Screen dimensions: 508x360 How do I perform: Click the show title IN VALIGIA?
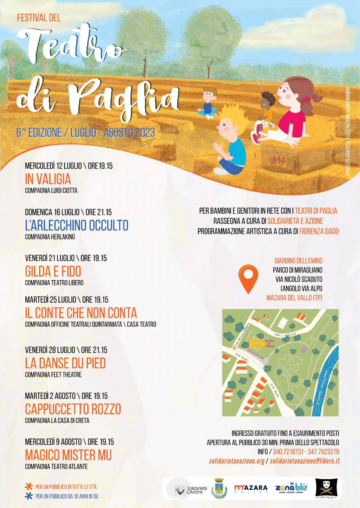(48, 179)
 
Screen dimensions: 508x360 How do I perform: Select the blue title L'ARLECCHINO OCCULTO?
(77, 225)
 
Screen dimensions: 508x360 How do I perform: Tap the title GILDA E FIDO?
(53, 271)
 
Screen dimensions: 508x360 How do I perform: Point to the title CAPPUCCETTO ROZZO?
(73, 409)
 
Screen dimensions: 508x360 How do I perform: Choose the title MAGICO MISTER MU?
(68, 455)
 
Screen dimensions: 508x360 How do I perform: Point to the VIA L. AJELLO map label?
(285, 334)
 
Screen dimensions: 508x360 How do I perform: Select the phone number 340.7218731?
(288, 451)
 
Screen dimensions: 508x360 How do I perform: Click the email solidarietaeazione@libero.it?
(304, 461)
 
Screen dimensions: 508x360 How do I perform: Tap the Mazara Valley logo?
(251, 488)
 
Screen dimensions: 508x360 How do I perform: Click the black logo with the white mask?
(326, 488)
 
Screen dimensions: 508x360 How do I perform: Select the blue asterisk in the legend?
(29, 496)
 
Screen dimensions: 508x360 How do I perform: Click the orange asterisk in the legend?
(29, 486)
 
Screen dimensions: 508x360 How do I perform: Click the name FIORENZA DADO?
(319, 231)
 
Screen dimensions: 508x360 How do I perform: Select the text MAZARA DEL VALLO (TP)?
(294, 298)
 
